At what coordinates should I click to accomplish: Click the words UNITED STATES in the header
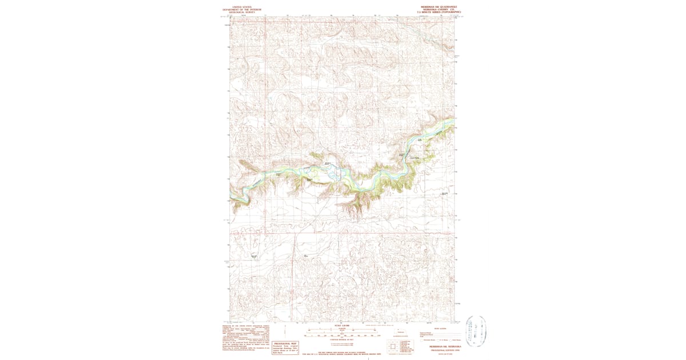point(241,7)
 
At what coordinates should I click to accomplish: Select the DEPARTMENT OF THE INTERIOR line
point(241,10)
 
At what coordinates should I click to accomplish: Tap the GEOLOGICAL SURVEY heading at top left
point(241,13)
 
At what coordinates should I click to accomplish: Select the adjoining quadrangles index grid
point(392,346)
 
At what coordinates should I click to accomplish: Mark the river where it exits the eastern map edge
point(453,119)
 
